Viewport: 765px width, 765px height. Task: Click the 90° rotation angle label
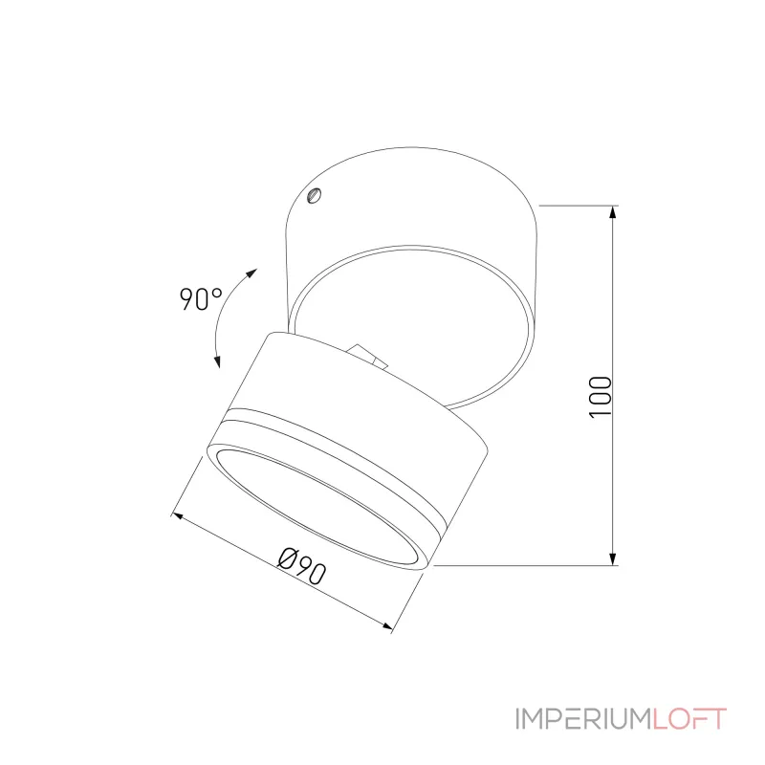[199, 299]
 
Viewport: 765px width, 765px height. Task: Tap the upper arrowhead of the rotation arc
[251, 273]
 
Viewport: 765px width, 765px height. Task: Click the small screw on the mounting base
[314, 198]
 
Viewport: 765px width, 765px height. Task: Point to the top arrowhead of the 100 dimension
[612, 213]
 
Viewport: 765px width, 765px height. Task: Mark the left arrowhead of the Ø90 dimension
[176, 517]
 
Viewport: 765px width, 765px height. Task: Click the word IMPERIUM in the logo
[581, 718]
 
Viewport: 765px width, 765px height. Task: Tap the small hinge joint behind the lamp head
[368, 356]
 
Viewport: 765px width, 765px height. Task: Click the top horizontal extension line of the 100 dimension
[579, 206]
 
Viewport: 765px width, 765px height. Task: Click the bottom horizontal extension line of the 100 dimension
[526, 565]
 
